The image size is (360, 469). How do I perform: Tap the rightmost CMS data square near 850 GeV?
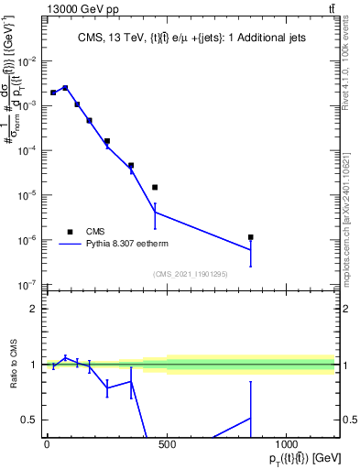(x=250, y=237)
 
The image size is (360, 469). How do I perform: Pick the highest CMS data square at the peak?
(x=65, y=88)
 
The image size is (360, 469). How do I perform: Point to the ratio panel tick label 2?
(x=34, y=309)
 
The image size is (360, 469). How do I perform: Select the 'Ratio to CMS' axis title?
(x=11, y=365)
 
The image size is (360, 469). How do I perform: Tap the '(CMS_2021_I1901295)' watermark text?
(x=191, y=274)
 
